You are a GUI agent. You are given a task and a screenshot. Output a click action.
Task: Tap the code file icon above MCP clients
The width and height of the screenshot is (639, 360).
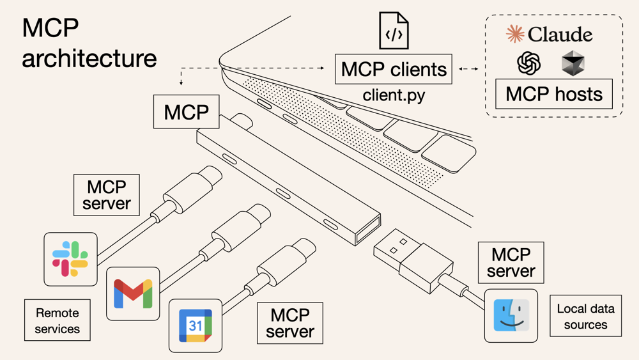pos(394,31)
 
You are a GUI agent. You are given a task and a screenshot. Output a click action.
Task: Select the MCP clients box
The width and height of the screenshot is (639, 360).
pos(394,69)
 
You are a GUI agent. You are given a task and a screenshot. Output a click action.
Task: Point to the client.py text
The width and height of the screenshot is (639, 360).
pos(394,95)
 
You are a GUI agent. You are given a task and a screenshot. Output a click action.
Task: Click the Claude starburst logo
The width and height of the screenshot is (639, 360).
pos(515,34)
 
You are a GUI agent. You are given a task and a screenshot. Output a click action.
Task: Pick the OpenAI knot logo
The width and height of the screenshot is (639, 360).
pos(529,63)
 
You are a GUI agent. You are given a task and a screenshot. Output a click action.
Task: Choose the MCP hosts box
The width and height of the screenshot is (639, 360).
pos(553,94)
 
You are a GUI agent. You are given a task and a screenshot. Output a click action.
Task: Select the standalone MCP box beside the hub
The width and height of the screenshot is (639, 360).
pos(187,112)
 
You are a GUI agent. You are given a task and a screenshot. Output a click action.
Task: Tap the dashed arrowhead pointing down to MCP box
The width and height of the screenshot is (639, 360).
pos(181,82)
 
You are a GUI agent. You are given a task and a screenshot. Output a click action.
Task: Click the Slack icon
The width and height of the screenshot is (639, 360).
pos(70,259)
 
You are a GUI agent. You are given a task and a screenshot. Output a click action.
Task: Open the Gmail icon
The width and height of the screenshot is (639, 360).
pos(133,293)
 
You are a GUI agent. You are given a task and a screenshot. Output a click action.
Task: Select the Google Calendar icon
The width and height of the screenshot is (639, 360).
pos(195,325)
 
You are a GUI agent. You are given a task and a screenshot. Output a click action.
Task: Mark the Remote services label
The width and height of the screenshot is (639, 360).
pos(58,321)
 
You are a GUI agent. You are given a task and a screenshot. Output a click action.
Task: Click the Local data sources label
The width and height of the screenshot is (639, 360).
pos(585,317)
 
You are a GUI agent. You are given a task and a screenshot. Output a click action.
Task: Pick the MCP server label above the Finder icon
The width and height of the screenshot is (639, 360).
pos(511,262)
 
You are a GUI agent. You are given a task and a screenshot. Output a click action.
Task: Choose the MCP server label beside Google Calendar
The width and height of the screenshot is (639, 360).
pos(290,323)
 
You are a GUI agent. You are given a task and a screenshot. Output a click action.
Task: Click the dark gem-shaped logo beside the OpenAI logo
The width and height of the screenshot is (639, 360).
pos(573,63)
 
